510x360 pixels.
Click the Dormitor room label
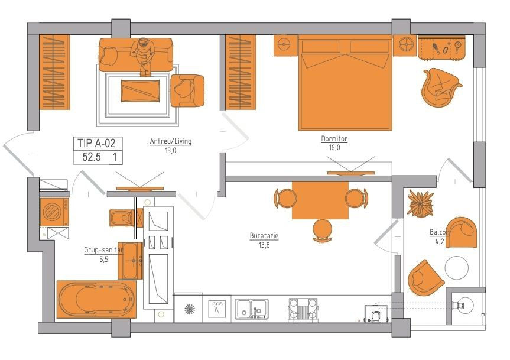pyautogui.click(x=334, y=139)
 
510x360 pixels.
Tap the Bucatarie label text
pyautogui.click(x=264, y=236)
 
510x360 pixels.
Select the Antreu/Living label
pyautogui.click(x=170, y=141)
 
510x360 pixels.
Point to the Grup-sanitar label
pyautogui.click(x=104, y=250)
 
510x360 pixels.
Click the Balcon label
pyautogui.click(x=440, y=232)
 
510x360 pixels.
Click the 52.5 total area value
pyautogui.click(x=92, y=157)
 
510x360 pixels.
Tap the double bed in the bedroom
pyautogui.click(x=345, y=83)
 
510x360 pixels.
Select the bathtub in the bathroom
pyautogui.click(x=96, y=299)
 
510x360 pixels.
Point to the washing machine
pyautogui.click(x=54, y=212)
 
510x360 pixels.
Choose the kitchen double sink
pyautogui.click(x=252, y=309)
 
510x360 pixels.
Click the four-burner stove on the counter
pyautogui.click(x=303, y=310)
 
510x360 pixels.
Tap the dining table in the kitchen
pyautogui.click(x=320, y=200)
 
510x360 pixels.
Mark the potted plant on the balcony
pyautogui.click(x=421, y=204)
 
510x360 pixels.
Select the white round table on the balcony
pyautogui.click(x=457, y=268)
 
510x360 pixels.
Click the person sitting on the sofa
pyautogui.click(x=143, y=56)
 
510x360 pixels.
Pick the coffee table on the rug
pyautogui.click(x=140, y=91)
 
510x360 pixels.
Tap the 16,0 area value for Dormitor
pyautogui.click(x=334, y=148)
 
